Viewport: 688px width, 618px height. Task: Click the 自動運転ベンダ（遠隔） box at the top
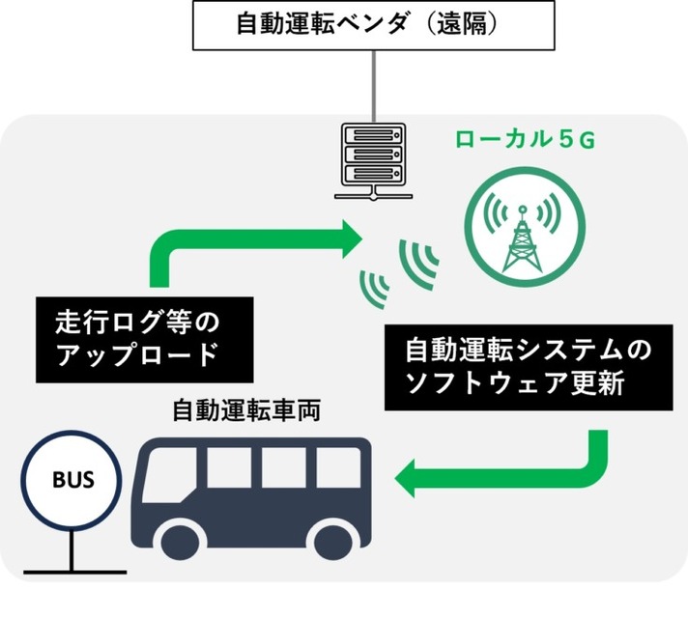[373, 25]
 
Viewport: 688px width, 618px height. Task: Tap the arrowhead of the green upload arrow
[347, 238]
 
